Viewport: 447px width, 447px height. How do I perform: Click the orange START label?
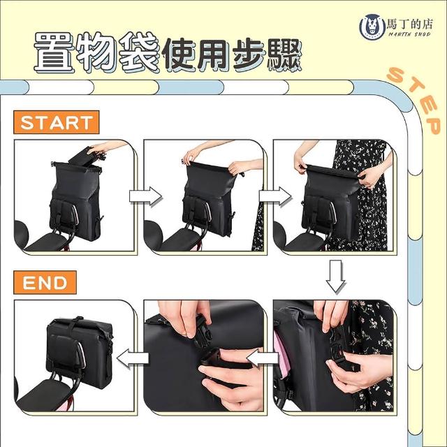(x=57, y=122)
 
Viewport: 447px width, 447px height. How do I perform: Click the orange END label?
(x=45, y=282)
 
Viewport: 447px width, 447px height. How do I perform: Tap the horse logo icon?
(x=372, y=27)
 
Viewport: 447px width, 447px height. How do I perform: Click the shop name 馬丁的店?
(x=410, y=24)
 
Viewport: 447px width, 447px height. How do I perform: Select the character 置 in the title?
(x=54, y=52)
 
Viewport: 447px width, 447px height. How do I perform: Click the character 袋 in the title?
(x=140, y=52)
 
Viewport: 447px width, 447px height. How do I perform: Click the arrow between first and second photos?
(x=146, y=196)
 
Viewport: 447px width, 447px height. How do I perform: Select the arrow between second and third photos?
(x=275, y=196)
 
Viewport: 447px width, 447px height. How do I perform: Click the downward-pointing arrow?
(x=336, y=277)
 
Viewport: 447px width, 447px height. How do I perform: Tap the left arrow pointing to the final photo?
(x=133, y=358)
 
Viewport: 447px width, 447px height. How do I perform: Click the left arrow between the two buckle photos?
(x=263, y=358)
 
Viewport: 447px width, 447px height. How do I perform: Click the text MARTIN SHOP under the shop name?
(x=410, y=34)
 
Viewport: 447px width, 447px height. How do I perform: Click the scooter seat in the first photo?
(x=45, y=242)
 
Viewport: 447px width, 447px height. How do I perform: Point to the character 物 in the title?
(x=97, y=52)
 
